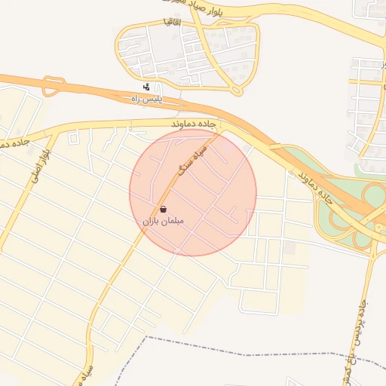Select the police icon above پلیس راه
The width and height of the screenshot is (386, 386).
click(146, 87)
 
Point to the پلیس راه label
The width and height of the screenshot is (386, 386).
click(147, 98)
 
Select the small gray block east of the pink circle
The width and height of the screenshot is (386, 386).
click(289, 247)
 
